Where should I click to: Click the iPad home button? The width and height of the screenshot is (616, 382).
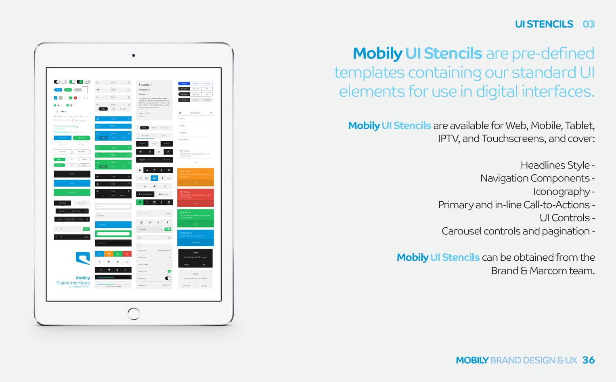pos(134,314)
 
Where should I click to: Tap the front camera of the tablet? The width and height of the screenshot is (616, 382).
pos(134,55)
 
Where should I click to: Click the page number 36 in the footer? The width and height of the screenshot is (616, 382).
pos(588,360)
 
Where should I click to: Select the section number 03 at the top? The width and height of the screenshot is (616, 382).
pos(589,24)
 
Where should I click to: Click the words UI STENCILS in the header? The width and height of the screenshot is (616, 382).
pos(544,24)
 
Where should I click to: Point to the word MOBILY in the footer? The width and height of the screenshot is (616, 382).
pos(472,360)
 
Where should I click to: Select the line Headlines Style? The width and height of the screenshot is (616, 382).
pos(555,165)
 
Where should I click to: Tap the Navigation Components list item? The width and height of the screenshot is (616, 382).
pos(535,178)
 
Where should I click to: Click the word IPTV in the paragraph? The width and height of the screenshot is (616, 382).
pos(448,139)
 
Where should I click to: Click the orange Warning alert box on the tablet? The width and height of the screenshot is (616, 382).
pos(195,177)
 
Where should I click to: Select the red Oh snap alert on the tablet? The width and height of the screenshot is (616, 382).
pos(195,198)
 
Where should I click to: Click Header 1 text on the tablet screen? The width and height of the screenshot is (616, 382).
pos(146,85)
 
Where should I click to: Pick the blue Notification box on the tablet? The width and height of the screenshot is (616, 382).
pos(195,238)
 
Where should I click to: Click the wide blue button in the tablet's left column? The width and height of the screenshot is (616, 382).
pos(72,183)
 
